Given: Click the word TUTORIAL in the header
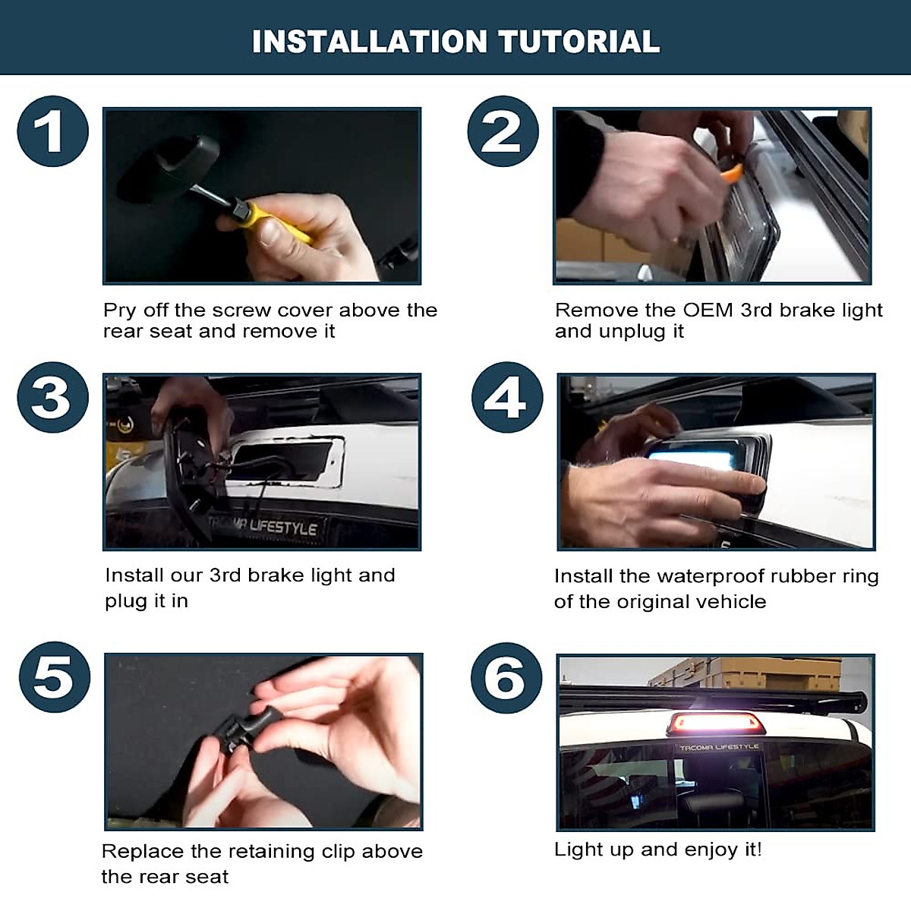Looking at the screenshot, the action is (579, 42).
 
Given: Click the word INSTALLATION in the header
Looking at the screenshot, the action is (369, 42).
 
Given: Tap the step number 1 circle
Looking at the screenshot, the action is (52, 131).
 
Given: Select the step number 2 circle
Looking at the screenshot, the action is (503, 131).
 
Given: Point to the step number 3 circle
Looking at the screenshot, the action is (52, 397).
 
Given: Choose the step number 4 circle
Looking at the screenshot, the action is (507, 397).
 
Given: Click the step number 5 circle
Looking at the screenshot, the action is (55, 677).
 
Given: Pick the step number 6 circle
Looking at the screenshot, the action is (506, 678).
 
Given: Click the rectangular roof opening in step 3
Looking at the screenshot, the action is (286, 461).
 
